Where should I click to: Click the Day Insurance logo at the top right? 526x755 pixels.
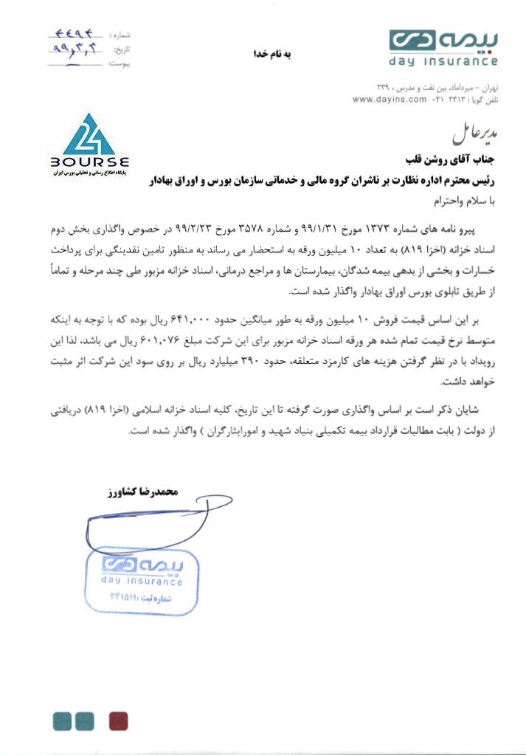coord(443,46)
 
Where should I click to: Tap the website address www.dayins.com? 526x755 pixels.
coord(390,99)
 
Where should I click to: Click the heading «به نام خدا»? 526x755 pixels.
coord(271,53)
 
